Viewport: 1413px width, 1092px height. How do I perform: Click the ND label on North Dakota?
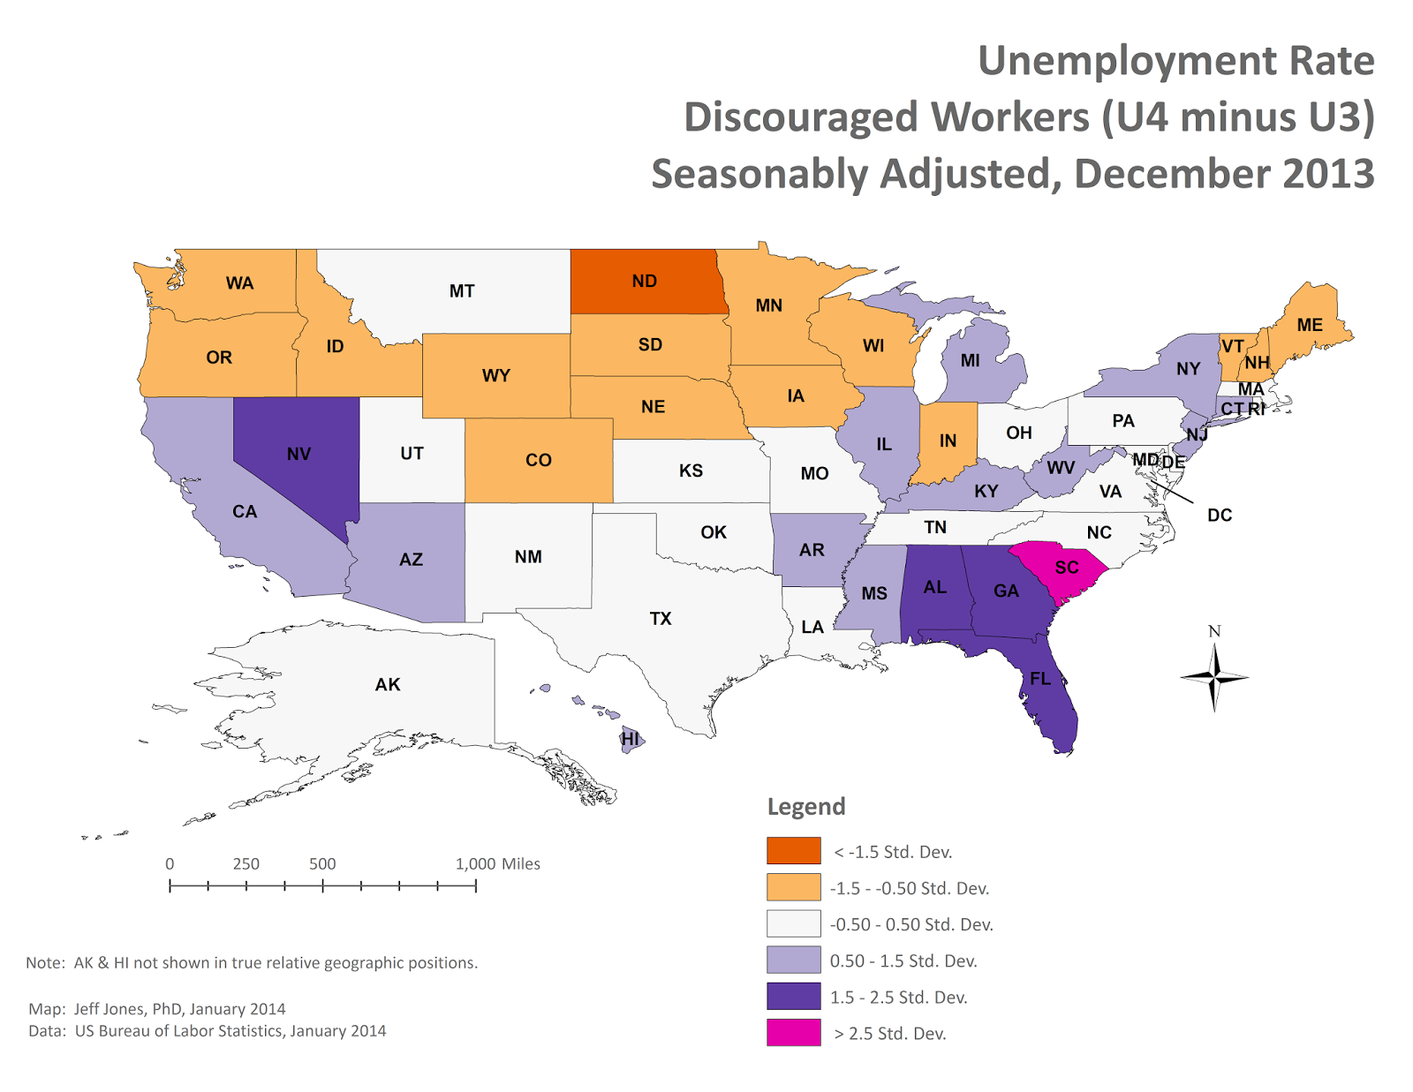[644, 281]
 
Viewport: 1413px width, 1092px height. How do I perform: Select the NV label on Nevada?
[298, 454]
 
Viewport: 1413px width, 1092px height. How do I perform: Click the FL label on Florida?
[1040, 678]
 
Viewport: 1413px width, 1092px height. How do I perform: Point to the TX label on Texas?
[661, 619]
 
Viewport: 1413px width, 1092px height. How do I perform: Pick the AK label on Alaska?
[388, 684]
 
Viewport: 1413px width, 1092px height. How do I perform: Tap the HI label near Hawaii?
[630, 738]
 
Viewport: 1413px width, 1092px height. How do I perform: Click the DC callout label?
[1219, 515]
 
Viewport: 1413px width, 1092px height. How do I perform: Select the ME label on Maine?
[1310, 325]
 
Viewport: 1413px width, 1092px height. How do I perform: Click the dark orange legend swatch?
[793, 850]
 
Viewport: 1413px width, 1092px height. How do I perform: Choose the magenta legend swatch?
[793, 1032]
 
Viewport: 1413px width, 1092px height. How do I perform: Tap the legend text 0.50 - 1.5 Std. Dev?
[903, 960]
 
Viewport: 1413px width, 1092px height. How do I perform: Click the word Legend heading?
[805, 806]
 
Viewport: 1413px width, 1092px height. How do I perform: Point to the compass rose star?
[1214, 677]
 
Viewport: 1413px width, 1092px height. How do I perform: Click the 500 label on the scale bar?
[322, 863]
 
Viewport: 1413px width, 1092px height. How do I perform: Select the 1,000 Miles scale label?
[497, 863]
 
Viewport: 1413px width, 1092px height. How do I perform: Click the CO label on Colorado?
[538, 460]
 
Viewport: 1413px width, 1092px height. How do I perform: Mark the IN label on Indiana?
[948, 441]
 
